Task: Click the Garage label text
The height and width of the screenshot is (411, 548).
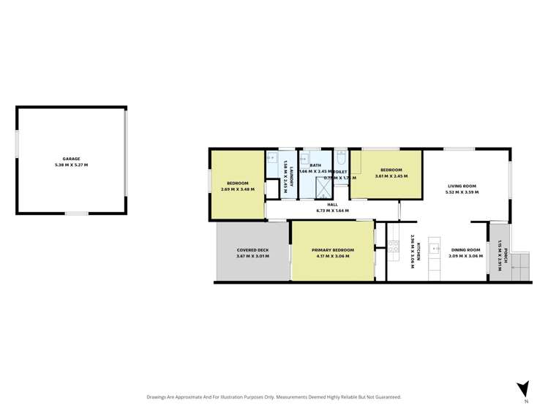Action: pos(71,159)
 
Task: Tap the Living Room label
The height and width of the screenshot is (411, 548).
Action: pos(462,186)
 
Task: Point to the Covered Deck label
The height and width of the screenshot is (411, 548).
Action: pos(252,251)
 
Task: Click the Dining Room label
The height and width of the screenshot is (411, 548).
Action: pos(465,250)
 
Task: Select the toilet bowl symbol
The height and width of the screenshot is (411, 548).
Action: pos(341,159)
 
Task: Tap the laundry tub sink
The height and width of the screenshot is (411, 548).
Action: pos(273,157)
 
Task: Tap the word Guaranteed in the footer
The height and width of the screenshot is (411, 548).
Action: pos(386,397)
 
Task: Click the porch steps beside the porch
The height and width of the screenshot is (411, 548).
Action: pos(520,265)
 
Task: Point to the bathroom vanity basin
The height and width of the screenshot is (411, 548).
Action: pos(309,157)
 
